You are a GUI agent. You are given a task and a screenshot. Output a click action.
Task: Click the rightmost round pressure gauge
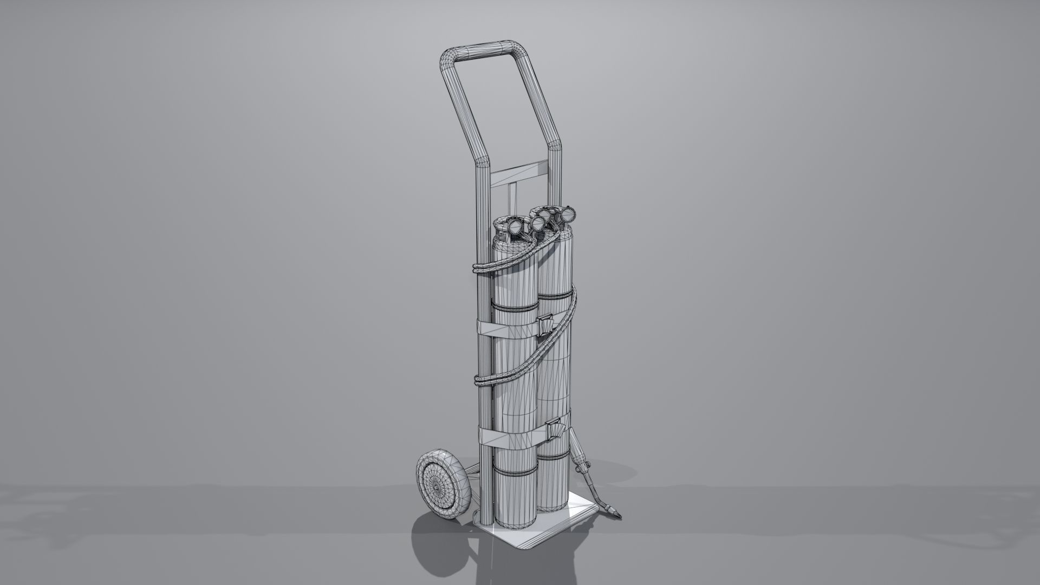(568, 216)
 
